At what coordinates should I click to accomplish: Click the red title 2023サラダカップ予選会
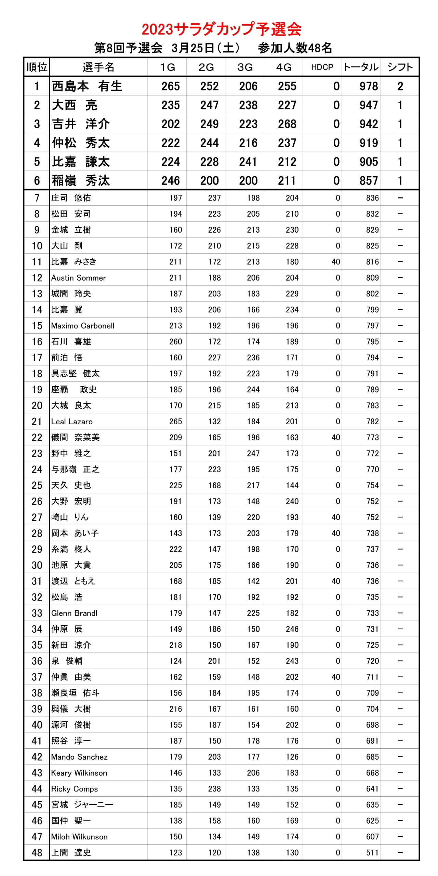click(221, 29)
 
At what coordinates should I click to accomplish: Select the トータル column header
click(361, 67)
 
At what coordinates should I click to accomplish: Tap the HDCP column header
click(322, 67)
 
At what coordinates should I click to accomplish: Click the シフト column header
click(400, 67)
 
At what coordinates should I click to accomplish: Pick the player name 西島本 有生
click(87, 86)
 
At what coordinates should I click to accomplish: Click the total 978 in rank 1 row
click(369, 86)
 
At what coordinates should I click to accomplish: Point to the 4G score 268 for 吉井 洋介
click(287, 124)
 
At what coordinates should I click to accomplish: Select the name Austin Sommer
click(79, 278)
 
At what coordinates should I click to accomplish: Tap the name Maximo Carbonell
click(83, 326)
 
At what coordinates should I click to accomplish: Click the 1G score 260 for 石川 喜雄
click(175, 342)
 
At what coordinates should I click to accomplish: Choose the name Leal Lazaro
click(72, 422)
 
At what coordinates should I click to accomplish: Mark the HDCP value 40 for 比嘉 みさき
click(336, 262)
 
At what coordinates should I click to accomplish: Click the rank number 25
click(37, 486)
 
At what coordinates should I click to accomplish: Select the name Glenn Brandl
click(74, 613)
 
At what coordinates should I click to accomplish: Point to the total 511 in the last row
click(372, 853)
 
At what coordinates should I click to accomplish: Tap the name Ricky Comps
click(75, 789)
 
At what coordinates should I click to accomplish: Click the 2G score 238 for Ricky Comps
click(214, 789)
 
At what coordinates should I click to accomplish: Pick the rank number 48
click(37, 853)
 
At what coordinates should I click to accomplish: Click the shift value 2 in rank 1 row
click(400, 86)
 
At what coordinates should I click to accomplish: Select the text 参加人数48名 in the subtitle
click(295, 48)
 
